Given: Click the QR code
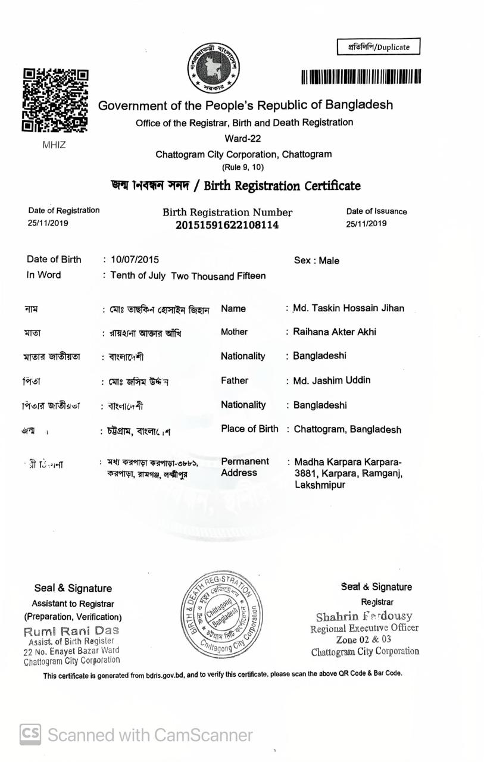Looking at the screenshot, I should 55,100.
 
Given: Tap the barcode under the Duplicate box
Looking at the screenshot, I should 361,77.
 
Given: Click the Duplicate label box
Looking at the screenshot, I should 379,47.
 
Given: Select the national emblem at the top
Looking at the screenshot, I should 213,68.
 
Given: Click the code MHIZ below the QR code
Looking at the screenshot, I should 54,145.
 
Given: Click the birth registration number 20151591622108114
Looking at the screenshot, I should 227,225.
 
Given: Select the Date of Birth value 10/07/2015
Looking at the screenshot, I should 135,260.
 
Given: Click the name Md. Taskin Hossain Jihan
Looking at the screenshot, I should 348,308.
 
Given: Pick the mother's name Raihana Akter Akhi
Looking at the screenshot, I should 335,332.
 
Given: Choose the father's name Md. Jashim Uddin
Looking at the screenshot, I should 332,380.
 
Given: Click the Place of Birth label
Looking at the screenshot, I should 249,429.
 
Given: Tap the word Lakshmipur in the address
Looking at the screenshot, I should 320,485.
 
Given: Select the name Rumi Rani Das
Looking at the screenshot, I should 71,630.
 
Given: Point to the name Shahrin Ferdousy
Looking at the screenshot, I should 364,616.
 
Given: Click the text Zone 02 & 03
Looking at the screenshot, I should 364,640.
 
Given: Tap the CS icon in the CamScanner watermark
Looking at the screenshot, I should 30,735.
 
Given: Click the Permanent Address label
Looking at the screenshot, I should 245,467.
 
